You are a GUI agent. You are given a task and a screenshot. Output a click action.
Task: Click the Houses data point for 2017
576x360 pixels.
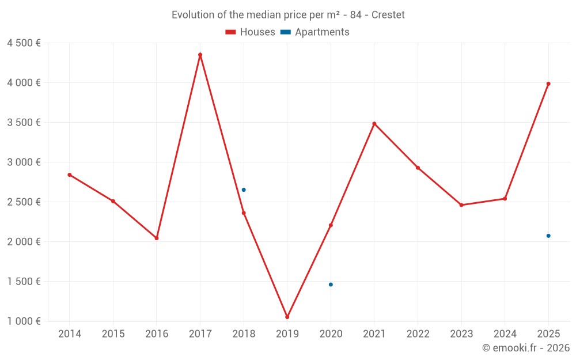coord(200,55)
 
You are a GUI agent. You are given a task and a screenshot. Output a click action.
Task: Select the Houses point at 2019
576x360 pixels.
coord(287,317)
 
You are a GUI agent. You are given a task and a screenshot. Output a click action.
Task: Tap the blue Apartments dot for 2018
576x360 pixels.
coord(244,190)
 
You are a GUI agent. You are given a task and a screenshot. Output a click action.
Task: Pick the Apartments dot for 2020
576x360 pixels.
coord(331,285)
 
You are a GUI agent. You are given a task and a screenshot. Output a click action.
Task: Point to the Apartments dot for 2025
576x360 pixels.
coord(548,236)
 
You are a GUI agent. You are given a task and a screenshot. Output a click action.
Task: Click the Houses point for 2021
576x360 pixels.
coord(374,123)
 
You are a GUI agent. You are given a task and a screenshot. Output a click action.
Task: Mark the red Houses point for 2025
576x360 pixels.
coord(548,84)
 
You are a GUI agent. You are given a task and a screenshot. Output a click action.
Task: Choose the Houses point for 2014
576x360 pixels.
coord(70,175)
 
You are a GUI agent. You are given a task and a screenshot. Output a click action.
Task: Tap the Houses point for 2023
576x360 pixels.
coord(461,205)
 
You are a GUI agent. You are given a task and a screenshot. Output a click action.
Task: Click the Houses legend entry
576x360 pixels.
coord(251,32)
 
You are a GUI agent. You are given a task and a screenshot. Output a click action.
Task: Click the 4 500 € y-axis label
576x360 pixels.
coord(24,43)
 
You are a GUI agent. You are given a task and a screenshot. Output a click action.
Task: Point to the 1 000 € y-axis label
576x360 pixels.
coord(24,321)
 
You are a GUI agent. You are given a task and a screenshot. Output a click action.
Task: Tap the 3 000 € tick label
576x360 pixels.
coord(24,162)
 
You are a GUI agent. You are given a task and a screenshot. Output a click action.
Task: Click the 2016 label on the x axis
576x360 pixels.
coord(157,334)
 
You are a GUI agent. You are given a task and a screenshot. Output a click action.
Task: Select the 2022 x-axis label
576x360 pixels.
coord(418,334)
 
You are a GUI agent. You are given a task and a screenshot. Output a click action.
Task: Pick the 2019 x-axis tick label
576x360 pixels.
coord(287,334)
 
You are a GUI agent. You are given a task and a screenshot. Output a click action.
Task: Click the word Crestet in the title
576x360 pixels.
coord(388,15)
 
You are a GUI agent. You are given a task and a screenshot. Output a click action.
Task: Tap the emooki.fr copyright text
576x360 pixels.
coord(526,347)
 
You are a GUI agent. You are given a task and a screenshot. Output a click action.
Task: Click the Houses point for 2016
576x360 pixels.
coord(157,238)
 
